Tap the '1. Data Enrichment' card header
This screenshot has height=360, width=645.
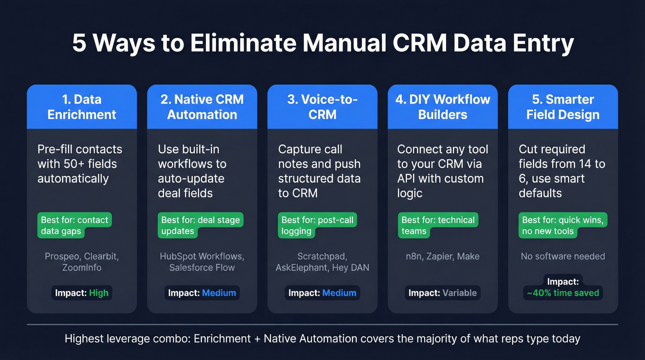point(82,106)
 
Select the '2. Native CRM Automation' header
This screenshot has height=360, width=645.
point(202,106)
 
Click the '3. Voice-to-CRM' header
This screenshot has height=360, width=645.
point(322,106)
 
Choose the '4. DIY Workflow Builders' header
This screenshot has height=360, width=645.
point(443,106)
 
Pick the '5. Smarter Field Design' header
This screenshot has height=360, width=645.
point(563,106)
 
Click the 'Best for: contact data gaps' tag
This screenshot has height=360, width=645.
point(75,225)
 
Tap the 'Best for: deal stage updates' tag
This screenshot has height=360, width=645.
point(200,225)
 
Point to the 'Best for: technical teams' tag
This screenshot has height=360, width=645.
point(438,225)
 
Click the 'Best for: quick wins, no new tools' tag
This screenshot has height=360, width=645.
point(563,225)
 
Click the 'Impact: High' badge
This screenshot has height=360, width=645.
point(82,293)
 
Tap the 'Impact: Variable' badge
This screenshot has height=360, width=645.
point(443,293)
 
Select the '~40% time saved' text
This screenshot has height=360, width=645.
point(563,292)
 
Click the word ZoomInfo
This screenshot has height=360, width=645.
point(82,267)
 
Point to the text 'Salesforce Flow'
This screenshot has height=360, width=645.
point(202,267)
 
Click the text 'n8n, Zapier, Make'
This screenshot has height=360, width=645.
point(443,256)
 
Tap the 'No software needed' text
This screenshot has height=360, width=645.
point(563,256)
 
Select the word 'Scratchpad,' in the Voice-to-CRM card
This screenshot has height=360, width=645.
point(322,256)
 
